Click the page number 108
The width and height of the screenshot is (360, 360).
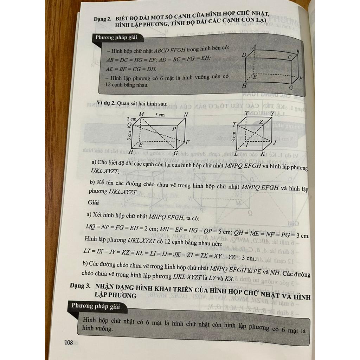(68, 342)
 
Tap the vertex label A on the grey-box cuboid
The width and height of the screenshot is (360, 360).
(253, 47)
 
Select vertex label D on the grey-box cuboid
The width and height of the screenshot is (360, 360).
(243, 55)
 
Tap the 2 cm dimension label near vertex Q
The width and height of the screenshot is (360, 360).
(132, 120)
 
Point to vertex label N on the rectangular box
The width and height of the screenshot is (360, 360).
(186, 115)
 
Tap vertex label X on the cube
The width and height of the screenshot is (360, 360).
(246, 114)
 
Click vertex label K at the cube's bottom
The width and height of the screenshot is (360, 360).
(262, 154)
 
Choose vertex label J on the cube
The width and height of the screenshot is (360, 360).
(275, 142)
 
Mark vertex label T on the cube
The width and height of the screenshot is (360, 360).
(234, 125)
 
